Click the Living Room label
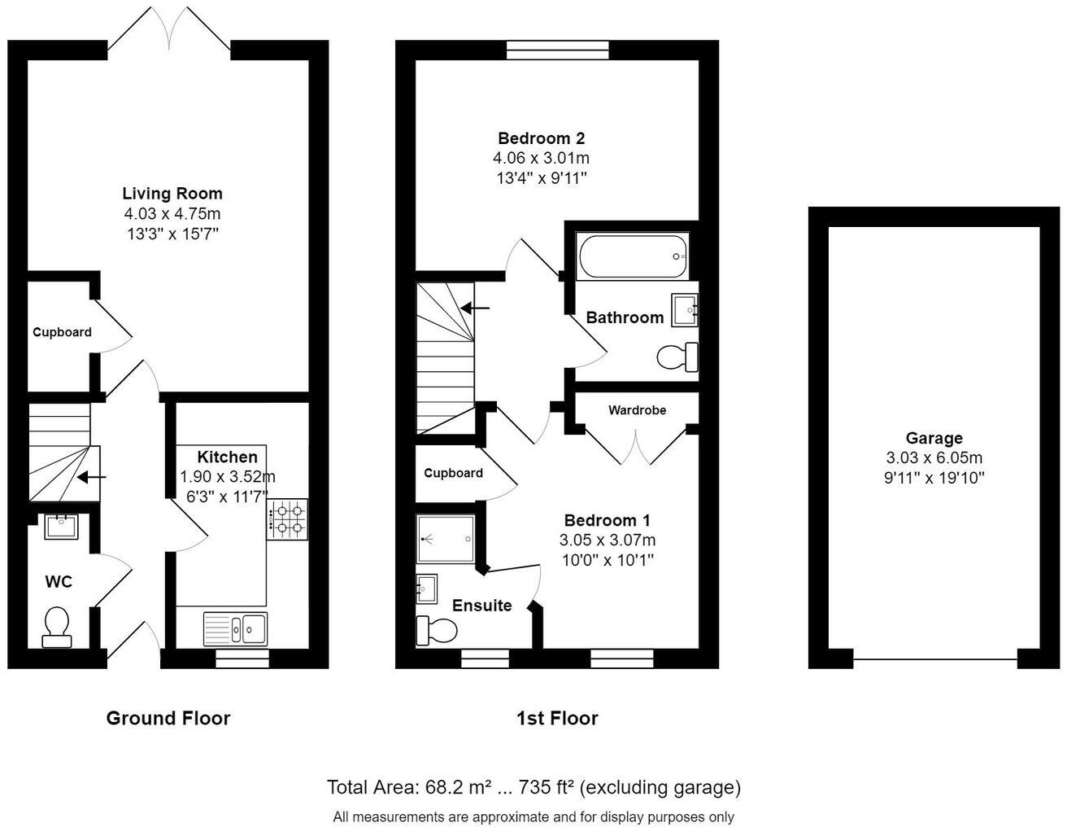coord(172,194)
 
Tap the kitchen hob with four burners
coord(289,519)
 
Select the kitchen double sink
coord(236,628)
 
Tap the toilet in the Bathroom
coord(677,357)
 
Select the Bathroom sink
coord(684,311)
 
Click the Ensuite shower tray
coord(445,538)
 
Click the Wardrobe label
coord(637,410)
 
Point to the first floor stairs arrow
coord(475,308)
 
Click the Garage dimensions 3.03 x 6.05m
coord(934,458)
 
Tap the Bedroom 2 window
coord(557,50)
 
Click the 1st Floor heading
coord(557,718)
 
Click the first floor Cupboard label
coord(453,473)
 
